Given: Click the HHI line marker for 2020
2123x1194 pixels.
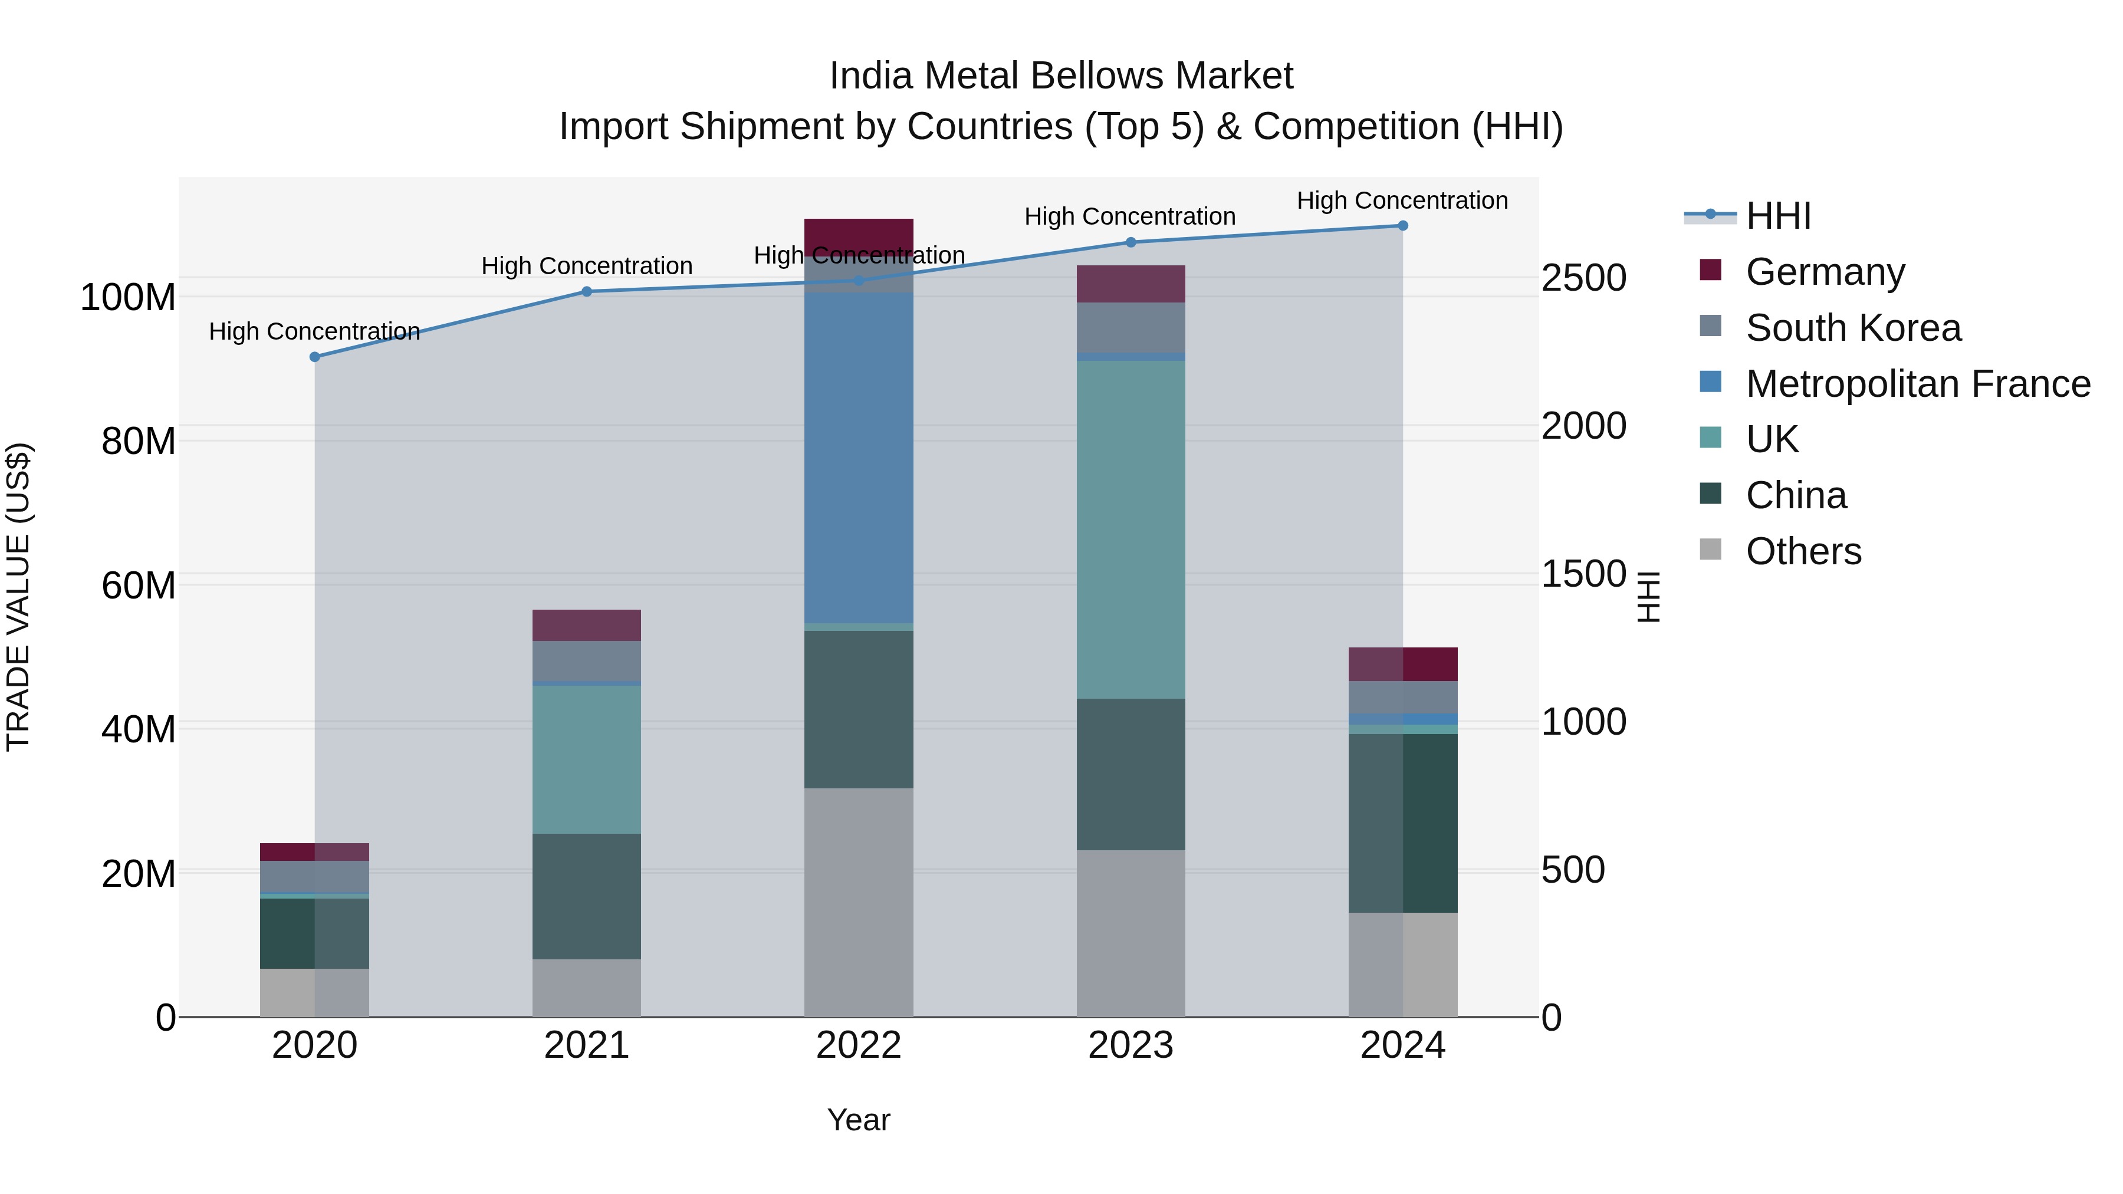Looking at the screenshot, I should click(315, 357).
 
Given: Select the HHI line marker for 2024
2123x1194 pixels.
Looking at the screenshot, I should click(1403, 226).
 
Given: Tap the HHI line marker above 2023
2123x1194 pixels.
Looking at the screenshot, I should click(1130, 242).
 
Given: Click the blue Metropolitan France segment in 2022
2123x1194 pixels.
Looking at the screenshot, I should click(859, 458).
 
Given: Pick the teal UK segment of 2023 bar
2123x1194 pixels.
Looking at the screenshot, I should click(1130, 530).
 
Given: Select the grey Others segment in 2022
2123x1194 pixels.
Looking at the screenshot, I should click(859, 902).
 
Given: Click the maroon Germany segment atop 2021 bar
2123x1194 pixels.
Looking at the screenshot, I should click(587, 626).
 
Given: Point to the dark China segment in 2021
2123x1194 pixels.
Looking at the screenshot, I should click(587, 896).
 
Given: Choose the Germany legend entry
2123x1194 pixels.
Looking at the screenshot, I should click(1825, 271).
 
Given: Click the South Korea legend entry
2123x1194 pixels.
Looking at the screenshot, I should click(1853, 327).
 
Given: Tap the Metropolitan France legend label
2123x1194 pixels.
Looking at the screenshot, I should click(1918, 383).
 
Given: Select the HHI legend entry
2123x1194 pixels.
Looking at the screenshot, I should click(1777, 216).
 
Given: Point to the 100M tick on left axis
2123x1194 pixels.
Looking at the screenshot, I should click(128, 298).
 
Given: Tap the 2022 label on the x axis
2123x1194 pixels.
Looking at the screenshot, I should click(859, 1045).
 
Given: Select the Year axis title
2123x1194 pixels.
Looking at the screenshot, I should click(859, 1120).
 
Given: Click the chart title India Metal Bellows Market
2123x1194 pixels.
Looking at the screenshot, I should click(1061, 76).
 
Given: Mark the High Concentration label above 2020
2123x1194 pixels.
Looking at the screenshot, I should click(315, 331).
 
